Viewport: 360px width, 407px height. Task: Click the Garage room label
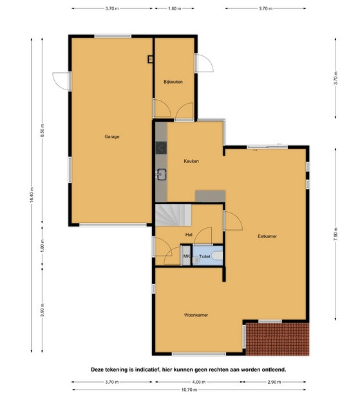pos(112,137)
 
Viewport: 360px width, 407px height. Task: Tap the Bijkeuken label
pos(173,82)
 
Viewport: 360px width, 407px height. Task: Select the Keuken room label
pos(191,161)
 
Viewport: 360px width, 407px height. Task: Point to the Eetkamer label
pos(267,236)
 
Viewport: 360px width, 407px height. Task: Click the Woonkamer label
pos(196,315)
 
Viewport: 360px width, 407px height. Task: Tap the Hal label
pos(189,235)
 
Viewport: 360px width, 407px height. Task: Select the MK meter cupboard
pos(186,256)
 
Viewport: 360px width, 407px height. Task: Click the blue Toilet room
pos(208,256)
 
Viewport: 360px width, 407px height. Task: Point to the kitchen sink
pos(162,174)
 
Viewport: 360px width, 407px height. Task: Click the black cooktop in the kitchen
pos(161,148)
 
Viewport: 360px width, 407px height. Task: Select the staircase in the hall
pos(173,215)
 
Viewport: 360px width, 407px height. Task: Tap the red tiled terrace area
pos(278,339)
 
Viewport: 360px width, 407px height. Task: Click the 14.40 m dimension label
pos(32,195)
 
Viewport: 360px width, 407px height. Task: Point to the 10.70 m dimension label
pos(189,390)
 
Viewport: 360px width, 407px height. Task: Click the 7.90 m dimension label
pos(336,234)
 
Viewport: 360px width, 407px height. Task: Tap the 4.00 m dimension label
pos(198,382)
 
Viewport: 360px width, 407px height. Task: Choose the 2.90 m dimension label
pos(274,382)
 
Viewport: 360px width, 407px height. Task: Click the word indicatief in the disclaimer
pos(146,370)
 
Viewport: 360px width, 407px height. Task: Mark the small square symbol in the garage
pos(150,59)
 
